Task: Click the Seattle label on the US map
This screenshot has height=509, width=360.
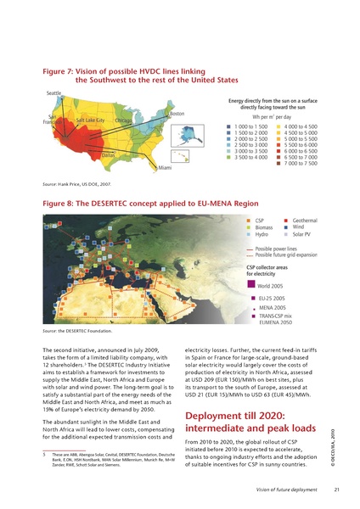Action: tap(54, 92)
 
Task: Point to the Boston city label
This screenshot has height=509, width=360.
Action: tap(177, 114)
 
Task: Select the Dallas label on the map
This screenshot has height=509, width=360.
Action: tap(108, 156)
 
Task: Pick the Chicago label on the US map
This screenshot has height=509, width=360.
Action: tap(123, 120)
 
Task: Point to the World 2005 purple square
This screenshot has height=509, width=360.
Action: tap(250, 285)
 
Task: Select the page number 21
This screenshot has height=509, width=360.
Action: tap(336, 489)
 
